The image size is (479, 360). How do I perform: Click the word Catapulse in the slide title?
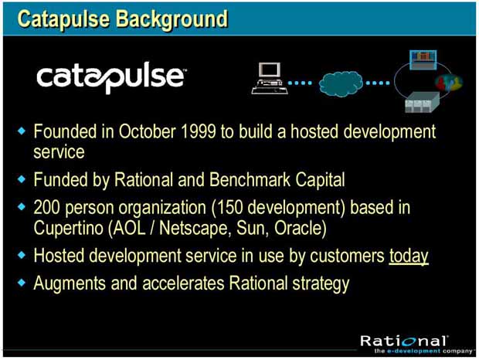[x=63, y=19]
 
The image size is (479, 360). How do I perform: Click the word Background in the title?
[x=172, y=19]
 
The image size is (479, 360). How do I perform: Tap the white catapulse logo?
[x=111, y=77]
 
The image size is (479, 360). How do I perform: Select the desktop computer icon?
[x=270, y=78]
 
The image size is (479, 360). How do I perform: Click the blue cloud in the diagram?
[x=341, y=83]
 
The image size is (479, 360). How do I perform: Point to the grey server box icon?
[x=422, y=103]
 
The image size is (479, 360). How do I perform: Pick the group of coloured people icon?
[x=448, y=83]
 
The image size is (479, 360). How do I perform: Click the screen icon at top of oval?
[x=423, y=59]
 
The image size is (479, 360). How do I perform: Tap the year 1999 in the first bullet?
[x=199, y=131]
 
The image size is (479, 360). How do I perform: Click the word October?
[x=147, y=131]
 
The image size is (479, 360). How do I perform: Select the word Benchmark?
[x=250, y=179]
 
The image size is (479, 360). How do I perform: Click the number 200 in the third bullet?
[x=46, y=207]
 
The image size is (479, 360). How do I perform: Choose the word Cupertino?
[x=68, y=229]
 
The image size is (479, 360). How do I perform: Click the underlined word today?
[x=409, y=256]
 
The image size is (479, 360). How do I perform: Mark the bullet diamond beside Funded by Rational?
[x=22, y=179]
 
